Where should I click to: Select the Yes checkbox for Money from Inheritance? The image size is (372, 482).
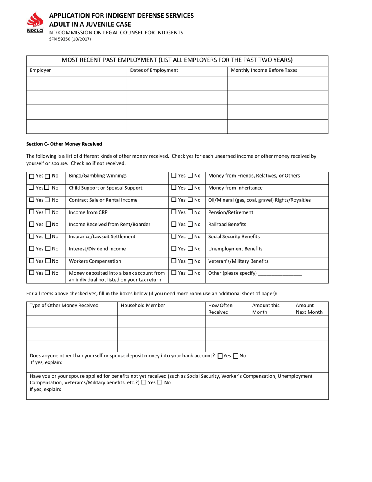174,188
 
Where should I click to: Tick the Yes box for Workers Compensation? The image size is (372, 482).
32,261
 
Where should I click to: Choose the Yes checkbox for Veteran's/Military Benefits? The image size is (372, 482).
174,261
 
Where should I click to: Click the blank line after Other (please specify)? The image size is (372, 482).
280,274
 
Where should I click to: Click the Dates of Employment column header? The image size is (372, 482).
154,71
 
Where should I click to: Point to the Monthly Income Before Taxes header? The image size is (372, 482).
264,71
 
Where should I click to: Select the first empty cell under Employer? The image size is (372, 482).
76,83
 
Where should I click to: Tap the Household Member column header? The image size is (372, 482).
143,306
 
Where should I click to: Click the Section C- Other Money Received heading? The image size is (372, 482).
64,144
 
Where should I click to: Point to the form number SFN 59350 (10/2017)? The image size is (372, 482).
70,39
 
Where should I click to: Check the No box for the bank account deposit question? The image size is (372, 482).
236,356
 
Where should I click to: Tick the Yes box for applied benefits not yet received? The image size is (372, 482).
144,382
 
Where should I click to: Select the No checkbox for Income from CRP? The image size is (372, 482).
47,212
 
